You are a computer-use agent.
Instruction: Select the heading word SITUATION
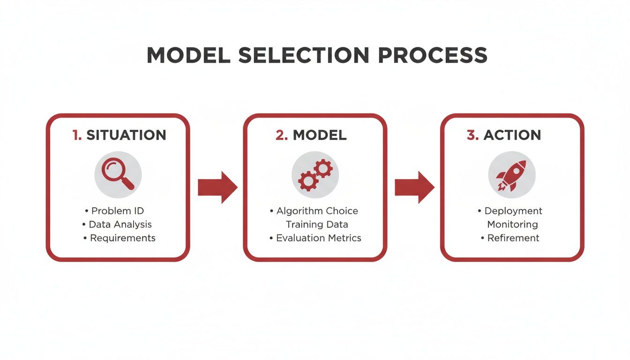click(x=126, y=135)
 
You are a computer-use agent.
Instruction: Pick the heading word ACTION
click(x=512, y=135)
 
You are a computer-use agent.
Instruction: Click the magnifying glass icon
click(x=118, y=174)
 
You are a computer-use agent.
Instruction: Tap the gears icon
click(x=315, y=174)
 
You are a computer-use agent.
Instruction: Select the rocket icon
click(x=511, y=174)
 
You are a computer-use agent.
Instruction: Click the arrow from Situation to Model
click(x=217, y=187)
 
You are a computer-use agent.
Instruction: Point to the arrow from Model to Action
click(x=414, y=187)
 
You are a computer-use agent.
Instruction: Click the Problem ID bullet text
click(x=117, y=211)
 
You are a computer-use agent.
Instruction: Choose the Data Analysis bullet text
click(x=120, y=225)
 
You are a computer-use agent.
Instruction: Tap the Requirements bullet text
click(x=122, y=238)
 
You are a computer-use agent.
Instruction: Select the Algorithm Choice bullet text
click(x=317, y=211)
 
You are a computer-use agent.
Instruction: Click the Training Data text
click(x=317, y=225)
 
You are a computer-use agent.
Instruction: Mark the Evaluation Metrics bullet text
click(x=318, y=238)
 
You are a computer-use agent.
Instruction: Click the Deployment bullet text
click(x=513, y=211)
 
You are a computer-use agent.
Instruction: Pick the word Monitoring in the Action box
click(x=512, y=225)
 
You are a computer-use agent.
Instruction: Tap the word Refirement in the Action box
click(x=513, y=238)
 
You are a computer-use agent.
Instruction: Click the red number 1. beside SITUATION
click(x=77, y=135)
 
